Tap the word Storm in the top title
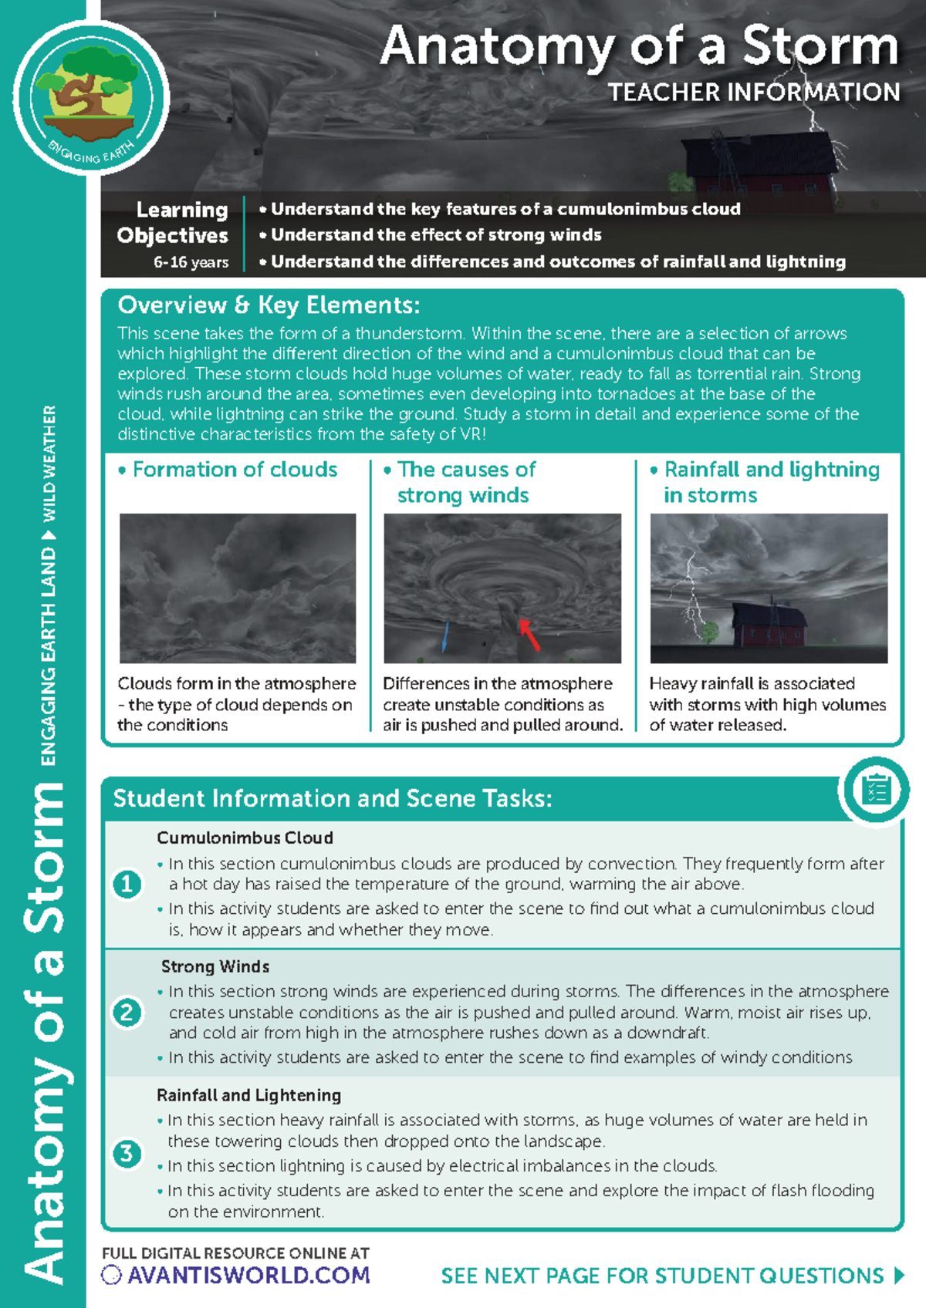click(820, 46)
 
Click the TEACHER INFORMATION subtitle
click(753, 93)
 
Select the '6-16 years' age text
click(191, 262)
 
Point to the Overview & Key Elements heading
click(269, 305)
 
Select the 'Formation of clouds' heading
click(235, 470)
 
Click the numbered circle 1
click(127, 884)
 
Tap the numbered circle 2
click(127, 1012)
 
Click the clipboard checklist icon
click(877, 791)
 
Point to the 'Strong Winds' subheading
click(215, 966)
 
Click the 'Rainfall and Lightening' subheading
click(248, 1095)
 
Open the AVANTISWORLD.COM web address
click(248, 1276)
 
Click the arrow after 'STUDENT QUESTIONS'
click(899, 1276)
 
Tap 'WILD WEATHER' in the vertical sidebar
click(49, 463)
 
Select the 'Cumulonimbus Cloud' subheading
click(245, 838)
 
